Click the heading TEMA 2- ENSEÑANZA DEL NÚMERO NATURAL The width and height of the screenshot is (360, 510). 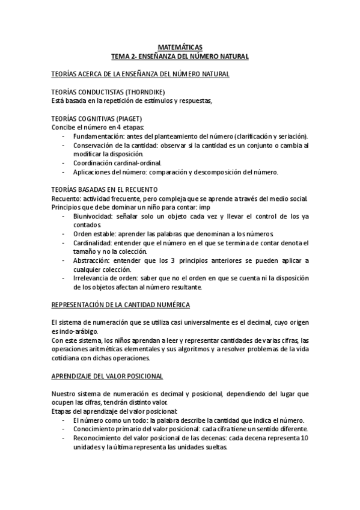point(180,55)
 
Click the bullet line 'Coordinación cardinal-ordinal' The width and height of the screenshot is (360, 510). point(117,163)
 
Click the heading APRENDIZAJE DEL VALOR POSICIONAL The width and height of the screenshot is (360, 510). point(107,376)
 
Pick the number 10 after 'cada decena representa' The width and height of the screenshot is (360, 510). point(304,438)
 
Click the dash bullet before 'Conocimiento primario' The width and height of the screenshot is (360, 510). point(64,429)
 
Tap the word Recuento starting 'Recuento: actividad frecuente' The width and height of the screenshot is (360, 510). point(67,198)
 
